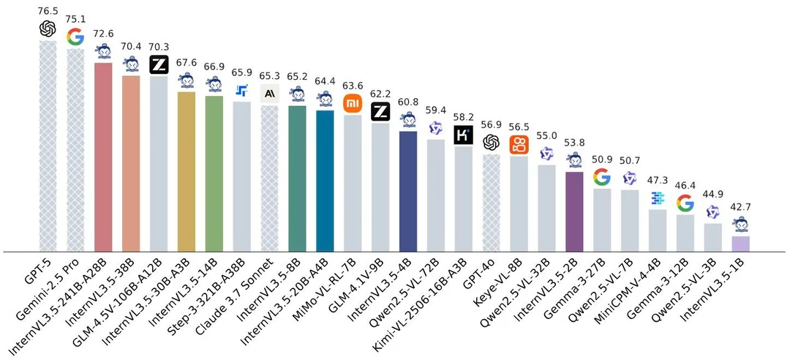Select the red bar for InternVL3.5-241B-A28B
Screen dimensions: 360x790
pyautogui.click(x=103, y=157)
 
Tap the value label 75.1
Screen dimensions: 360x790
pyautogui.click(x=76, y=20)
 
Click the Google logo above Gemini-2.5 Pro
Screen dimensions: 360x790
pyautogui.click(x=75, y=37)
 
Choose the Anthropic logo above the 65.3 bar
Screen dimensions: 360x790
pyautogui.click(x=270, y=92)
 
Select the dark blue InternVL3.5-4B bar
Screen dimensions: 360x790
pyautogui.click(x=408, y=191)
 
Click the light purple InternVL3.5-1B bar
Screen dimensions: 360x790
pyautogui.click(x=740, y=244)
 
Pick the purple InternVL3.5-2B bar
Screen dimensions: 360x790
pyautogui.click(x=574, y=211)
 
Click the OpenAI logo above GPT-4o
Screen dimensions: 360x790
pyautogui.click(x=491, y=142)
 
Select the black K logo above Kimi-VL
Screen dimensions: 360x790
pyautogui.click(x=464, y=135)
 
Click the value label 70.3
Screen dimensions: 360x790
pyautogui.click(x=159, y=45)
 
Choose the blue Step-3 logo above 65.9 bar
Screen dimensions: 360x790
pyautogui.click(x=242, y=91)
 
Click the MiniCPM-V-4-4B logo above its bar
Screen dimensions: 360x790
pyautogui.click(x=657, y=198)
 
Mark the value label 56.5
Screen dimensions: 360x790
pyautogui.click(x=519, y=125)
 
